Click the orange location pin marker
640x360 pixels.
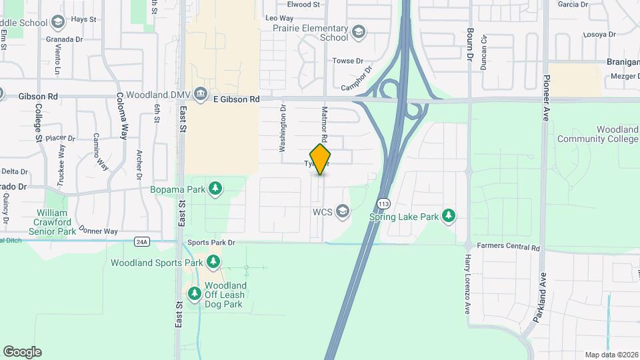pyautogui.click(x=320, y=159)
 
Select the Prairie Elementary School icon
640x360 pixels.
pyautogui.click(x=359, y=31)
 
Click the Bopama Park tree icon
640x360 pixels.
pyautogui.click(x=215, y=189)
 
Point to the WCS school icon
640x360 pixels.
pyautogui.click(x=343, y=211)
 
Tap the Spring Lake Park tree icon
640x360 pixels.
pyautogui.click(x=450, y=215)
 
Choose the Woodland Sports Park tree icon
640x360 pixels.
pyautogui.click(x=213, y=262)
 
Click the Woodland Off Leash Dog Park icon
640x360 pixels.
pyautogui.click(x=195, y=293)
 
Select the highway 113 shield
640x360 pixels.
pyautogui.click(x=383, y=203)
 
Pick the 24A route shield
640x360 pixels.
pyautogui.click(x=141, y=241)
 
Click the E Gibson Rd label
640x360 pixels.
pyautogui.click(x=236, y=99)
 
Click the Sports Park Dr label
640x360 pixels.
pyautogui.click(x=211, y=243)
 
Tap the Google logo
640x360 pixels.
pyautogui.click(x=23, y=352)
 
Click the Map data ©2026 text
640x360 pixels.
pyautogui.click(x=611, y=355)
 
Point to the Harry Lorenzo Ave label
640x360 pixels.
pyautogui.click(x=468, y=283)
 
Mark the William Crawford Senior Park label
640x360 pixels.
pyautogui.click(x=55, y=222)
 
